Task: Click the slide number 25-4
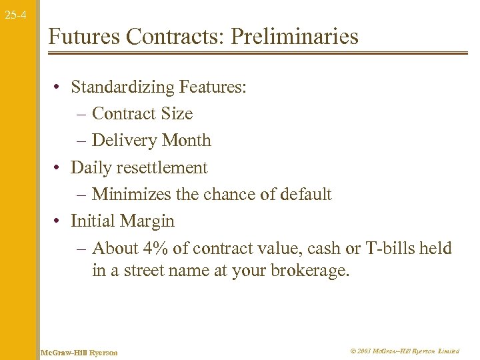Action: [x=15, y=14]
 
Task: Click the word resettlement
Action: [x=164, y=167]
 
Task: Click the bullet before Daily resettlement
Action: [x=59, y=168]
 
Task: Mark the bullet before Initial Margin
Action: [x=59, y=222]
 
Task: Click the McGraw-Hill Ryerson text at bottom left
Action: [x=79, y=352]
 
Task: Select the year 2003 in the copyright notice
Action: [x=364, y=351]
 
